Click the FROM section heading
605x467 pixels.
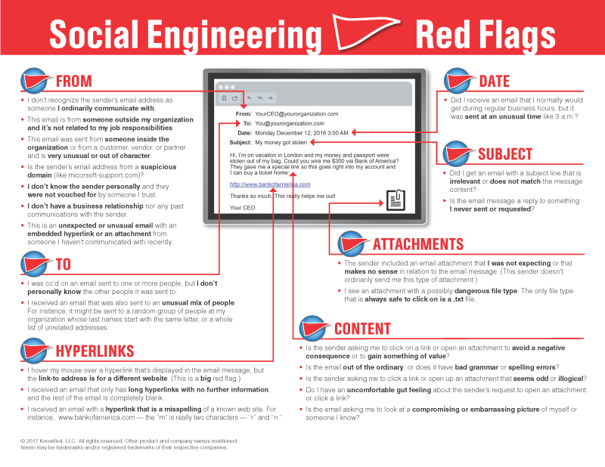[73, 81]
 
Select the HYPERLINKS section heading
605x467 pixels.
[94, 351]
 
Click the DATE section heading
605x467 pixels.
[495, 81]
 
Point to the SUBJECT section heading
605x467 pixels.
[504, 154]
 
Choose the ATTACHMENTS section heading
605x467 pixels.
[417, 244]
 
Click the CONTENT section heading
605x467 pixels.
[362, 329]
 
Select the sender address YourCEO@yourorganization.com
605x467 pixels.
[296, 113]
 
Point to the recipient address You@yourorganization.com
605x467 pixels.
[289, 123]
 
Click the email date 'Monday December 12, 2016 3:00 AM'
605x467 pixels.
[302, 132]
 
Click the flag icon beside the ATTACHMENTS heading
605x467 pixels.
[354, 244]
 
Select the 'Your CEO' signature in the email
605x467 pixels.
[243, 207]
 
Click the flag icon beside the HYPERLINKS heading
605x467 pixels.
[36, 350]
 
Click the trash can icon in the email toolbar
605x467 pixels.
[224, 98]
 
